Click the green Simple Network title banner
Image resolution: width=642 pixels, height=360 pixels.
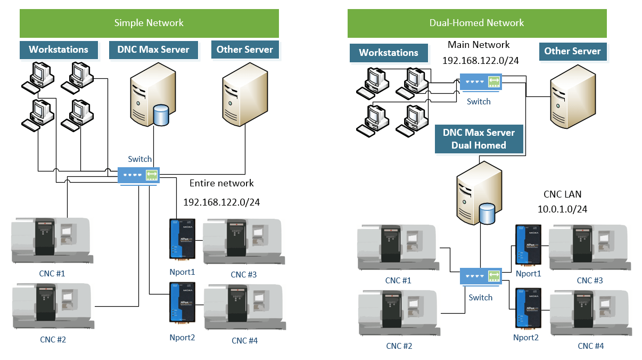(x=149, y=23)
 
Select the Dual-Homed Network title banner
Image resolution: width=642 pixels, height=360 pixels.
(x=476, y=23)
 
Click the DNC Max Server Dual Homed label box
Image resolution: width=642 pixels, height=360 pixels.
(x=479, y=138)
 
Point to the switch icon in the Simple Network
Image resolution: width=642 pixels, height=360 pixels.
(x=138, y=174)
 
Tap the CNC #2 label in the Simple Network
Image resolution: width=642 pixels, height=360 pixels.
(x=53, y=339)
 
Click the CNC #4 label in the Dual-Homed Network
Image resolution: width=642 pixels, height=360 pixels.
(x=591, y=346)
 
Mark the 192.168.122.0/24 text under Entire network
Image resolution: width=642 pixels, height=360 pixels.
(x=221, y=202)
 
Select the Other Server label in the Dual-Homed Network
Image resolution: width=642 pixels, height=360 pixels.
(x=572, y=51)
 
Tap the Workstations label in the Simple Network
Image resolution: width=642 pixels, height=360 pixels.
(x=59, y=50)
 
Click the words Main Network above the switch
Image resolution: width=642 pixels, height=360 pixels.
(x=479, y=45)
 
